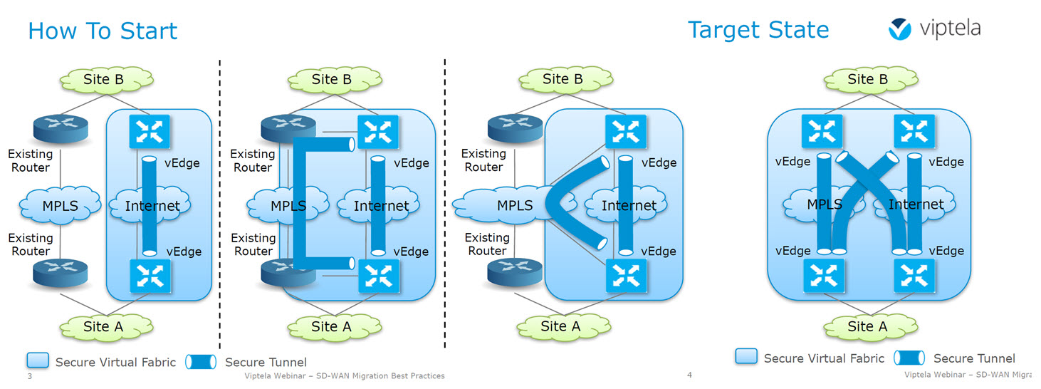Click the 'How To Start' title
click(x=103, y=31)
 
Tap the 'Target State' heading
click(x=758, y=30)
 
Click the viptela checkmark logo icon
click(x=900, y=28)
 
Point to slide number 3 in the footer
click(x=30, y=376)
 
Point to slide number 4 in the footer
click(x=690, y=375)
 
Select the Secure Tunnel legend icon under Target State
click(x=909, y=358)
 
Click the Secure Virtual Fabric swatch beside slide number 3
click(x=38, y=361)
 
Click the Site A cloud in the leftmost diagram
click(x=106, y=327)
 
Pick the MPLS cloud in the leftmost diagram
click(x=61, y=205)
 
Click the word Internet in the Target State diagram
click(x=916, y=204)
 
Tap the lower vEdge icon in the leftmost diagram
click(x=150, y=276)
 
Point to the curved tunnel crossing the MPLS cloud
click(x=555, y=202)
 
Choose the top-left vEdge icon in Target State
click(x=822, y=131)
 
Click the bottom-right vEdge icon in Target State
click(x=914, y=276)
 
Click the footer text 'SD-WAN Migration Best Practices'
click(x=380, y=375)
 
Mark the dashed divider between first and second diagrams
click(x=219, y=204)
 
